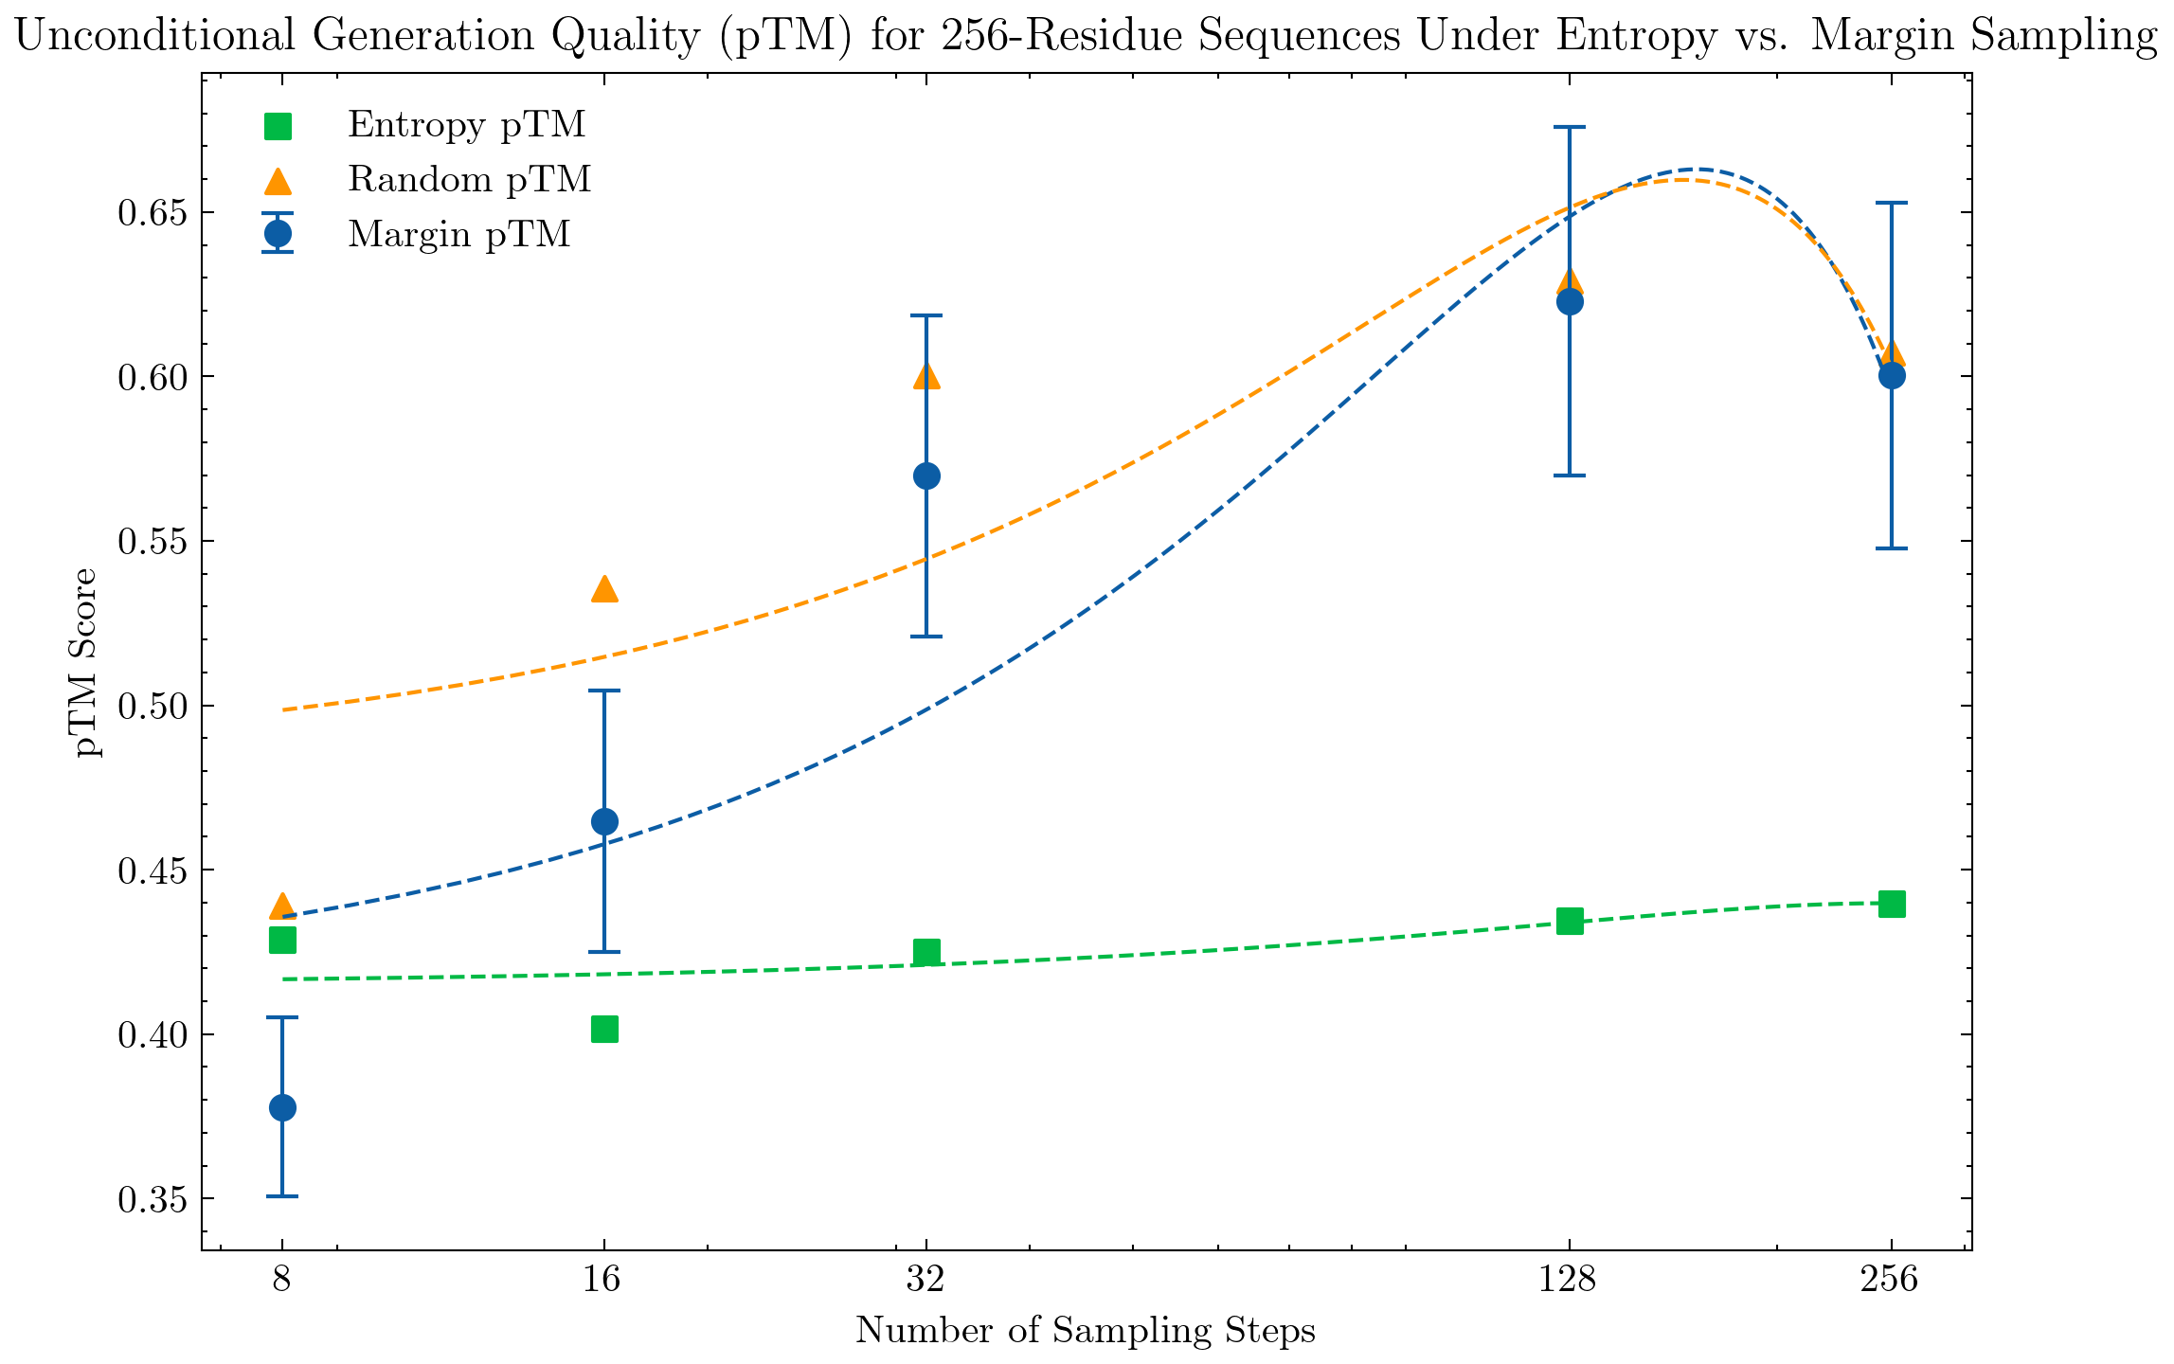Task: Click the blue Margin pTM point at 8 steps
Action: click(282, 1107)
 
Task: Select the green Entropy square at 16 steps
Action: click(604, 1029)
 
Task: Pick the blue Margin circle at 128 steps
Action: click(1570, 302)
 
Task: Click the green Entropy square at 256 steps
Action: click(1892, 904)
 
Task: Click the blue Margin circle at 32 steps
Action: click(926, 476)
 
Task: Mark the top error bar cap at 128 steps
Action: click(1570, 127)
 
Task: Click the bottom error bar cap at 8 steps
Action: click(282, 1196)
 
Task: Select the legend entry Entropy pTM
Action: click(466, 124)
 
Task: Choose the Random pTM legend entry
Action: click(469, 179)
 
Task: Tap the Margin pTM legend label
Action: click(458, 234)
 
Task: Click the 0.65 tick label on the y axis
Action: click(152, 213)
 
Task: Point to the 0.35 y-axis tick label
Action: click(152, 1199)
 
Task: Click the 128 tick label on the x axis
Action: click(1570, 1281)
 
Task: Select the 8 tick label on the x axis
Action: click(282, 1281)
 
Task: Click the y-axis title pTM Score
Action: click(86, 662)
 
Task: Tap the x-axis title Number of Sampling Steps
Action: click(1086, 1331)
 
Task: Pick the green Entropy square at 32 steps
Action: click(926, 952)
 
